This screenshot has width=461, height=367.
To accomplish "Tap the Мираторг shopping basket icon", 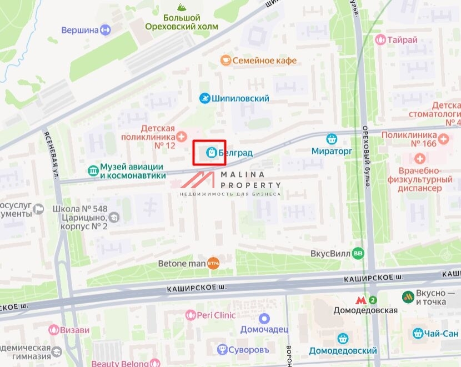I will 332,139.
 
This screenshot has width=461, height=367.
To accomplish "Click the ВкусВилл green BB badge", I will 359,253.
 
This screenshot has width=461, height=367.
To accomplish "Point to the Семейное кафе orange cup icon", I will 225,61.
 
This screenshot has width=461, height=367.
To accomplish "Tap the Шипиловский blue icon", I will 205,98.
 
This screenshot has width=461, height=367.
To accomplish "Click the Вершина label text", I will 79,30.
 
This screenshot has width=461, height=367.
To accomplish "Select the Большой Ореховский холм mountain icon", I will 181,7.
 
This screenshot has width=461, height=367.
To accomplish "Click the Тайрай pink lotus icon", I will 380,39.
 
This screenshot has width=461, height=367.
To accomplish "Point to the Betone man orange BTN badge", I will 213,263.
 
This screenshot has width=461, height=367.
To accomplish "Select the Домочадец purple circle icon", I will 264,319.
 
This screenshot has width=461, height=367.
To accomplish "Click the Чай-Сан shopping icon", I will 418,333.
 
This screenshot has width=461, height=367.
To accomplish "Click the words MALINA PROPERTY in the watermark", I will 250,179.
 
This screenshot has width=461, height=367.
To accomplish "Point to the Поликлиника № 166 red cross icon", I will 443,138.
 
